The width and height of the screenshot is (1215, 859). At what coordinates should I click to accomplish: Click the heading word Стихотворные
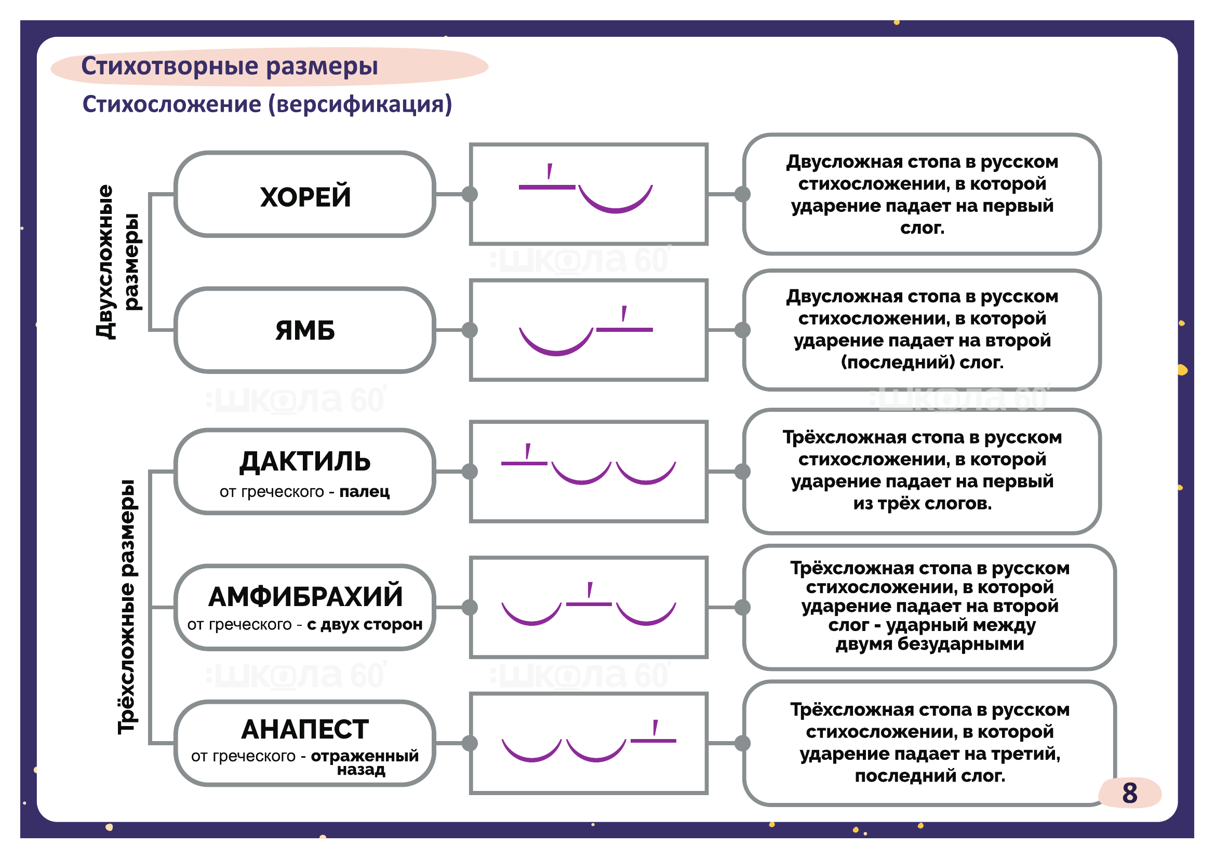point(170,66)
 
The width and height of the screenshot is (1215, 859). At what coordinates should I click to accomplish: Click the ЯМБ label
point(305,331)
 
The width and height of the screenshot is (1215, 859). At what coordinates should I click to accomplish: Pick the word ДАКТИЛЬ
point(305,462)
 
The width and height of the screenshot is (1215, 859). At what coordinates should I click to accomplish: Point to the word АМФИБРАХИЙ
point(305,597)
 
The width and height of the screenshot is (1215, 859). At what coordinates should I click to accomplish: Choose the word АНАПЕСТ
point(305,730)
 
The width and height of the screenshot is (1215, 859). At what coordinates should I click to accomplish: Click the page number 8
point(1129,794)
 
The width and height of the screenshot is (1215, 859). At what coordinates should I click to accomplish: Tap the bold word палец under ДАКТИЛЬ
point(364,492)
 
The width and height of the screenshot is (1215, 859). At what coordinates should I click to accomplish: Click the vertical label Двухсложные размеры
point(117,262)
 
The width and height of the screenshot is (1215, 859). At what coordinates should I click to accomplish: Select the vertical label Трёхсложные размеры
point(127,607)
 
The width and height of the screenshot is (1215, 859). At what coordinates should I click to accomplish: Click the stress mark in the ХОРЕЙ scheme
point(550,171)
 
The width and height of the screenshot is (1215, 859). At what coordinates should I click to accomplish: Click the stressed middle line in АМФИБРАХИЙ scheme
point(589,604)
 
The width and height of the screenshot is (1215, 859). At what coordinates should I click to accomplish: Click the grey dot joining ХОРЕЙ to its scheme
point(470,195)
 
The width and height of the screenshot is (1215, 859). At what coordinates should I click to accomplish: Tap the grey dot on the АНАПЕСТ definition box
point(743,743)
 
